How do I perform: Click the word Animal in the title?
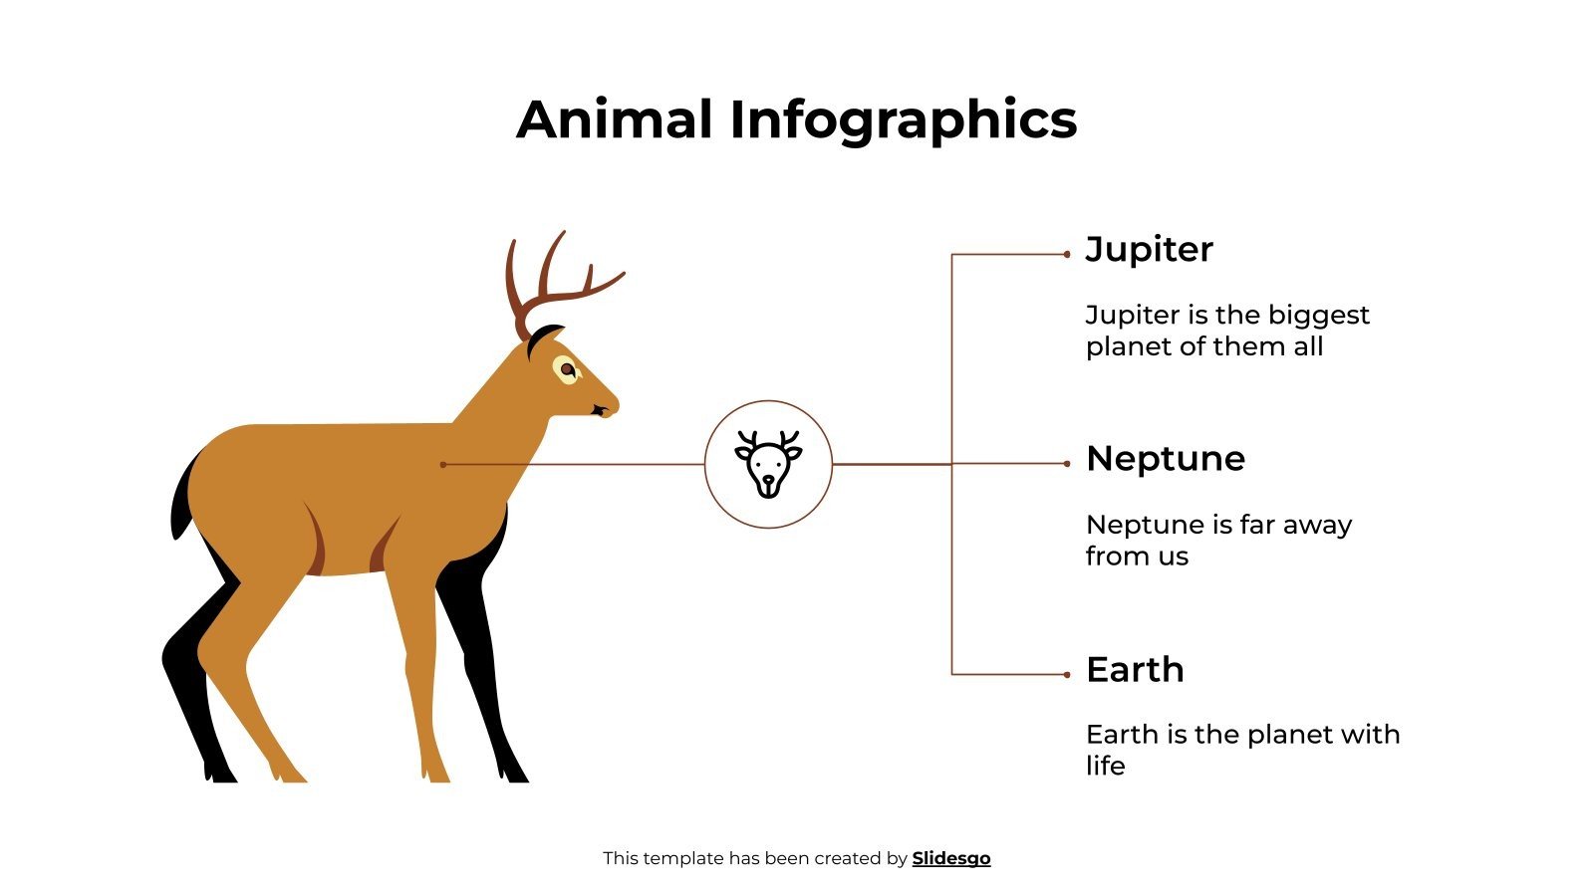point(615,119)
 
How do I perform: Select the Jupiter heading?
point(1149,249)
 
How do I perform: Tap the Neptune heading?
point(1165,459)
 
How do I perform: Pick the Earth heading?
point(1135,670)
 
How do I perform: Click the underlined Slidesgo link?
point(951,858)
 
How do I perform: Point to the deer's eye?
point(567,369)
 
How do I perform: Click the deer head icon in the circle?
point(768,463)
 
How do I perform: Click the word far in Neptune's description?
point(1260,525)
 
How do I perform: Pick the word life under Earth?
point(1105,766)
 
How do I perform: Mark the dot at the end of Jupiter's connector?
point(1067,255)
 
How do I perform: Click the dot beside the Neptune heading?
point(1067,464)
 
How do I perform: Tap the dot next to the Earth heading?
point(1067,675)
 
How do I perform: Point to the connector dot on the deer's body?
point(443,464)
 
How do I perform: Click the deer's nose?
point(610,404)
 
